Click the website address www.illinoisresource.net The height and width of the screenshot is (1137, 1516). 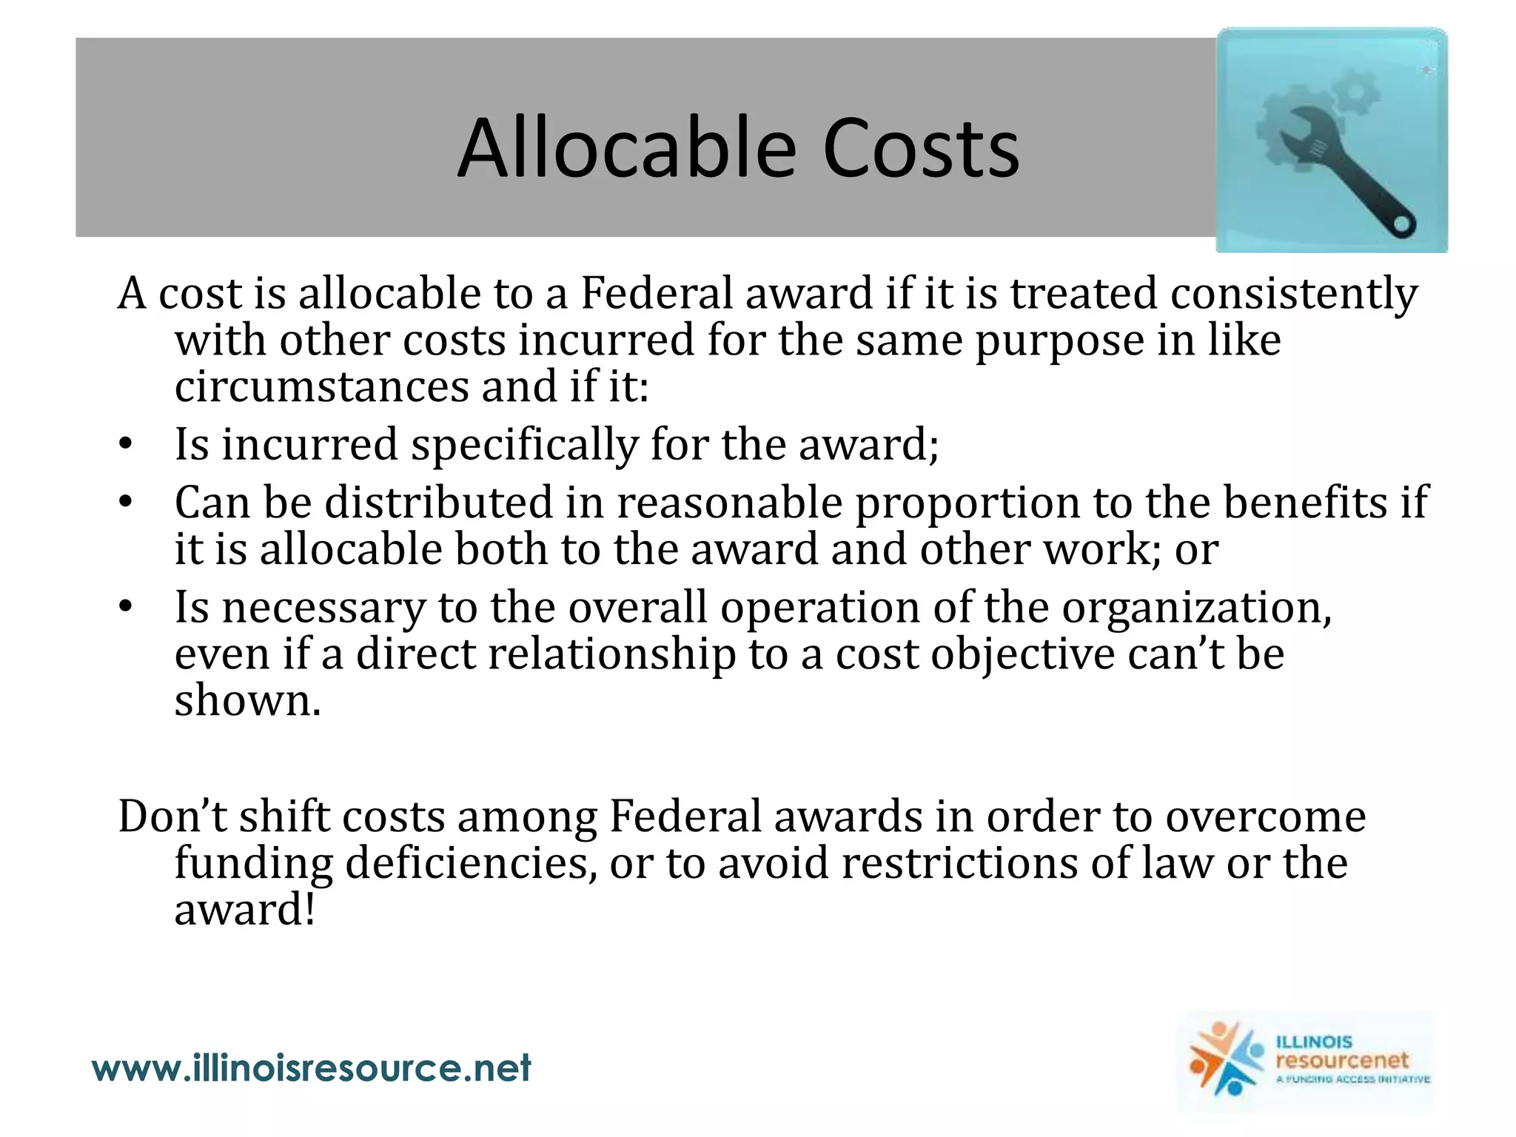[312, 1068]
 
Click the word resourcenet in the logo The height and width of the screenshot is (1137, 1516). [1342, 1060]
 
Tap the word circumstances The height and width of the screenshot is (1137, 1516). [322, 387]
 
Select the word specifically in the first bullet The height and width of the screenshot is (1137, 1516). [524, 446]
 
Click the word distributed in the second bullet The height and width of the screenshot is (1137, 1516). [439, 503]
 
